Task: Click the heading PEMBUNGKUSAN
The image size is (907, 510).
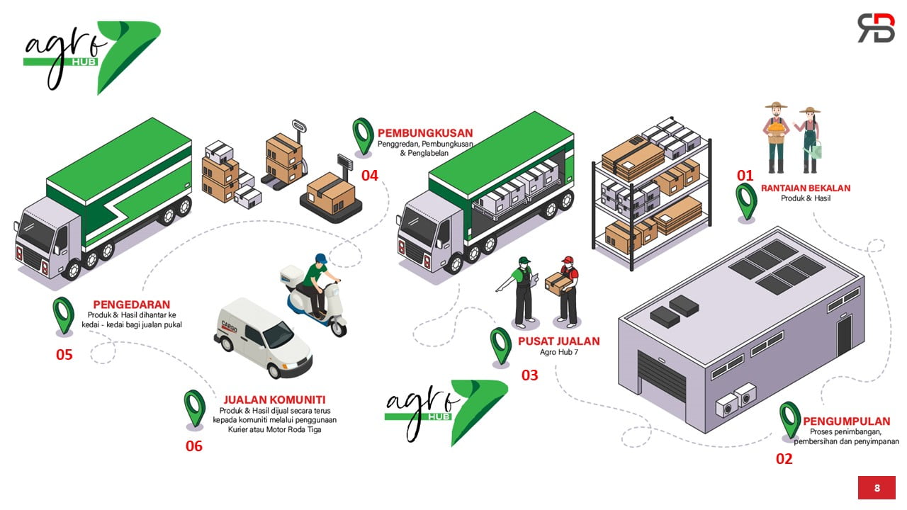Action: (425, 133)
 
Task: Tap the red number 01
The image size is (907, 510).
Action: (745, 175)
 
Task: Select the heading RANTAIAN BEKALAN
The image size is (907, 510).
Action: (806, 188)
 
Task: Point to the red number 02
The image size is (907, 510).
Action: (784, 458)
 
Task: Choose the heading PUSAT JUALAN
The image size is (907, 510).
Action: (558, 341)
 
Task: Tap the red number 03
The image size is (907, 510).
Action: (529, 375)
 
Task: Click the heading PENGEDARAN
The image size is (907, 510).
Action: (132, 305)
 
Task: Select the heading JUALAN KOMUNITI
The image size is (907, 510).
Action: (274, 399)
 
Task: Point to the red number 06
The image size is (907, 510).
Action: (193, 446)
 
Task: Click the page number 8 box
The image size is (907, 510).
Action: (877, 487)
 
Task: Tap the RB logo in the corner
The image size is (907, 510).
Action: (876, 28)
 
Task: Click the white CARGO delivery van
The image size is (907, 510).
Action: (262, 339)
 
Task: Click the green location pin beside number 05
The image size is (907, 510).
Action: (63, 314)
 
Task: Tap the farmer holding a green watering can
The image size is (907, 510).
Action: (809, 140)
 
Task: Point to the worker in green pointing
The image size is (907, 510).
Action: (523, 290)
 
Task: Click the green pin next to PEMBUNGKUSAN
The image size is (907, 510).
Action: (363, 135)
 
